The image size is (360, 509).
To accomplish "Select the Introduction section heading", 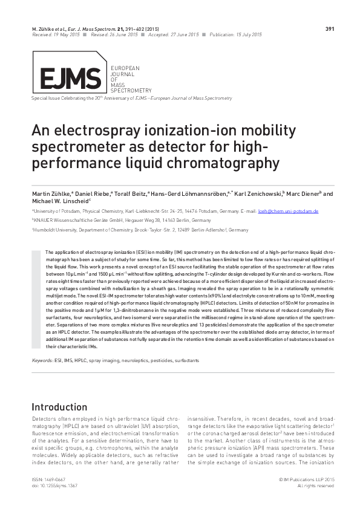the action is (x=59, y=407).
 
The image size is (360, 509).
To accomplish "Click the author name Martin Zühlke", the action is (x=51, y=193).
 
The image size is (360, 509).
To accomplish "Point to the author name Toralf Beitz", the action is (x=127, y=193).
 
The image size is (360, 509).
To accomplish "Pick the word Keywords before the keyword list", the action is (x=42, y=360).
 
